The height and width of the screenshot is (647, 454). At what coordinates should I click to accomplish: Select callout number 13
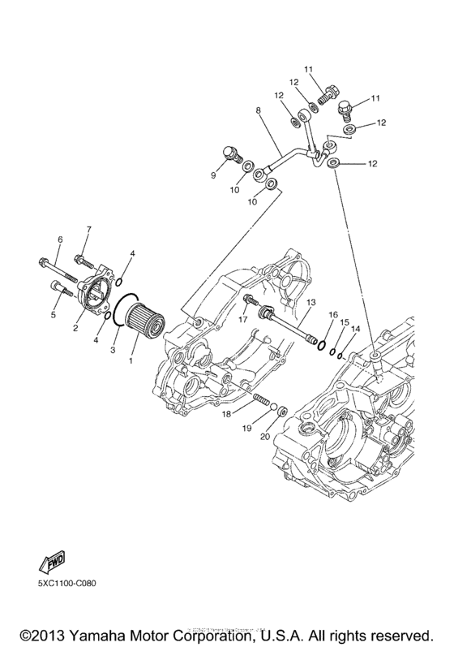click(311, 301)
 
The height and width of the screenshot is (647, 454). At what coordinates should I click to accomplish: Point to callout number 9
click(215, 175)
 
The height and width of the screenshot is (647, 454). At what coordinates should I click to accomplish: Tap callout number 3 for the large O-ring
click(113, 349)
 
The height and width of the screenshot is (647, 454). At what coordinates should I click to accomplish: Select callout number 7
click(89, 231)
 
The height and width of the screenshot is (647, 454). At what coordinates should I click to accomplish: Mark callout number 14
click(354, 330)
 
